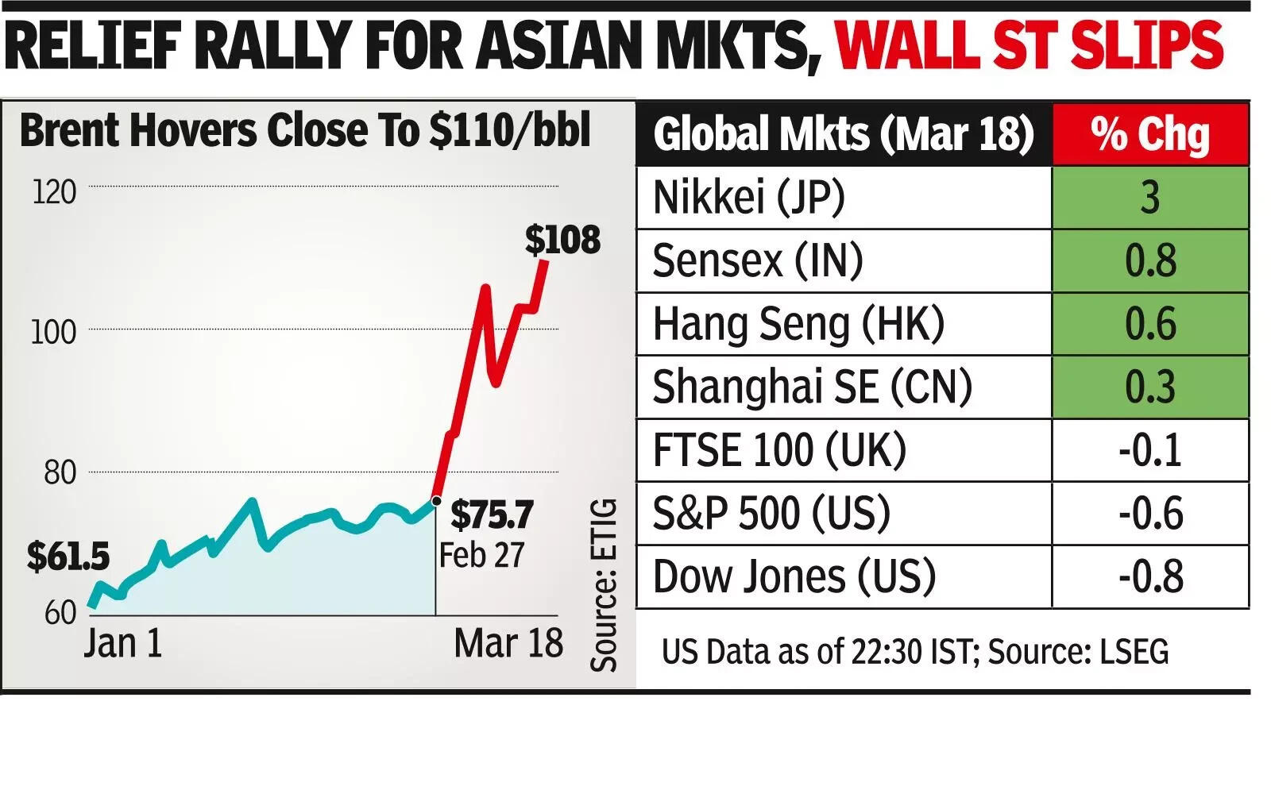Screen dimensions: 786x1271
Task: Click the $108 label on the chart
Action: pyautogui.click(x=562, y=240)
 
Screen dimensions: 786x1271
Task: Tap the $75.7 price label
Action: pyautogui.click(x=492, y=515)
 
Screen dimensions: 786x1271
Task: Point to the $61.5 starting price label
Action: pyautogui.click(x=68, y=557)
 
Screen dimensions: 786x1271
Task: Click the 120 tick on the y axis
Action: pyautogui.click(x=54, y=192)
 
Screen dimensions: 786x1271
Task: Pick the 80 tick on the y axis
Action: pyautogui.click(x=60, y=473)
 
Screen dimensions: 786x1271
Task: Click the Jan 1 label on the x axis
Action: pyautogui.click(x=123, y=643)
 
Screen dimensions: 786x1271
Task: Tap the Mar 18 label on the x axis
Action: pyautogui.click(x=508, y=643)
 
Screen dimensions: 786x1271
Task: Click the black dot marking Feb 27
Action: pyautogui.click(x=435, y=501)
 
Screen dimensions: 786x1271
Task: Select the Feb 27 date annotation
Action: pyautogui.click(x=481, y=555)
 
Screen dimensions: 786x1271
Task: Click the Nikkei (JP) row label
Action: pyautogui.click(x=748, y=198)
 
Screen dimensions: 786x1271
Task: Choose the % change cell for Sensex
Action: pyautogui.click(x=1150, y=261)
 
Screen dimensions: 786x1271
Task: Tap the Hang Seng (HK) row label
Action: pyautogui.click(x=798, y=324)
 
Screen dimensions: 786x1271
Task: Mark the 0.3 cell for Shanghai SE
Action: pyautogui.click(x=1150, y=387)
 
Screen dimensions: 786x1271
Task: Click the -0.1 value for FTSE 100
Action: pyautogui.click(x=1150, y=450)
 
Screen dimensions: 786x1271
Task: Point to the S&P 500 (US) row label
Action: pyautogui.click(x=771, y=514)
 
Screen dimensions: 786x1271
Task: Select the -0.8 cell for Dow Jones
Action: pyautogui.click(x=1150, y=577)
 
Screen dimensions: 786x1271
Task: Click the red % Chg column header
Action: pyautogui.click(x=1150, y=134)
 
